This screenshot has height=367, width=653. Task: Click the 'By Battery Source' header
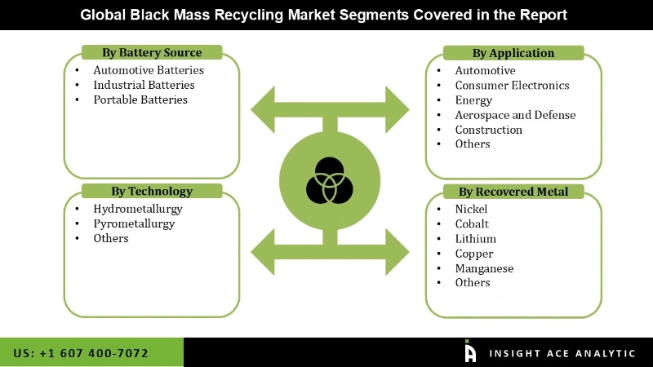152,53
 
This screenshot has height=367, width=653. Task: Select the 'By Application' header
513,53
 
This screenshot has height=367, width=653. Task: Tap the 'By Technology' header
152,192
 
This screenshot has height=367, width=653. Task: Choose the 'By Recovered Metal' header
513,192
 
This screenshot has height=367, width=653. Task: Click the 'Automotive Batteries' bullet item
148,71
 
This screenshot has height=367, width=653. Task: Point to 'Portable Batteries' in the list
140,99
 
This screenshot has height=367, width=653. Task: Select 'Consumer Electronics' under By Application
512,86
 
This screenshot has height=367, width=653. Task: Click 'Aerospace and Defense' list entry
515,115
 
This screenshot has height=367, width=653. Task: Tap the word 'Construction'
488,130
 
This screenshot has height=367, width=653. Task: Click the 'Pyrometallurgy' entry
133,223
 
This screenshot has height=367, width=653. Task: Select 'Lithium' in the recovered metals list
475,239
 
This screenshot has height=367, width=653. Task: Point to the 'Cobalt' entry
472,224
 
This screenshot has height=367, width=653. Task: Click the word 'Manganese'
484,268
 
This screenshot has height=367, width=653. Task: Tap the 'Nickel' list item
470,209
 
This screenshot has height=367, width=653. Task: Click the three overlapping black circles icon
329,180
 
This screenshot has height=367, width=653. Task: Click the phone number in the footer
81,353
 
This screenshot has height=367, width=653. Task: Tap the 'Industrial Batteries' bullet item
144,85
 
